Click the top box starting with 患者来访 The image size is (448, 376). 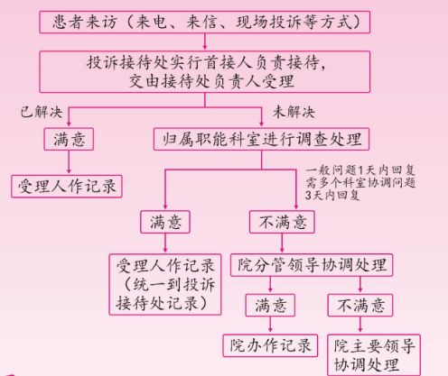[x=205, y=22]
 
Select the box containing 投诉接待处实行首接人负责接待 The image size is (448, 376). [x=205, y=71]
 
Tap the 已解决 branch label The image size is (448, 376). [x=42, y=112]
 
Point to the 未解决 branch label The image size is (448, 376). [x=294, y=112]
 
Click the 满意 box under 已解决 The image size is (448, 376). [x=69, y=139]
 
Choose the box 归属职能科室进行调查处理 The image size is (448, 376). [x=261, y=139]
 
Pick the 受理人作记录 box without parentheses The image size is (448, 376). [x=67, y=187]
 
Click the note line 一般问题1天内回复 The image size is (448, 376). [x=360, y=170]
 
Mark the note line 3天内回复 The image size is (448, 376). [x=332, y=195]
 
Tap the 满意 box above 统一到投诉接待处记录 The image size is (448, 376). [x=165, y=222]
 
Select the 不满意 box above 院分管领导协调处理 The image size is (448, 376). [x=282, y=222]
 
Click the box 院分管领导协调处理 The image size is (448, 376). [x=312, y=265]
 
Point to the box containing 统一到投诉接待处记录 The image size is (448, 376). [x=165, y=284]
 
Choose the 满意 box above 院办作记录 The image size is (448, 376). [x=270, y=306]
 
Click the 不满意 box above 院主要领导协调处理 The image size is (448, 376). [x=360, y=306]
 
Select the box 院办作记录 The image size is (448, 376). [x=270, y=345]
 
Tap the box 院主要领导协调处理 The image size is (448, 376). [x=374, y=355]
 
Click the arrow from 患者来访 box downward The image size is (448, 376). [x=205, y=41]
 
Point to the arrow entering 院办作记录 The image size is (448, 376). [x=270, y=325]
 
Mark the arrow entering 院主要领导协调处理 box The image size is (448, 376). [x=360, y=325]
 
